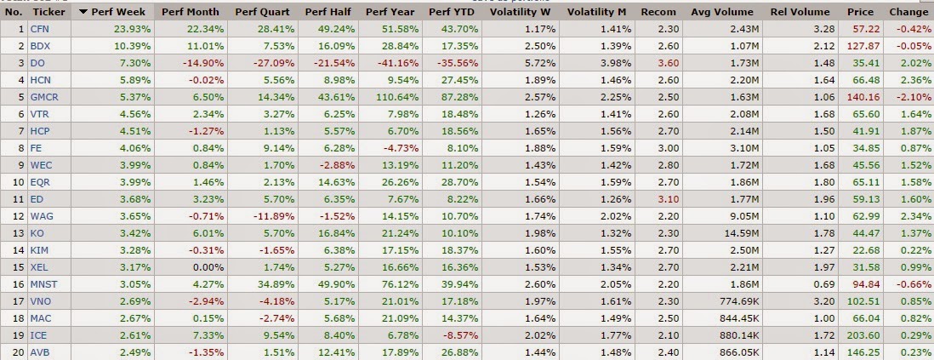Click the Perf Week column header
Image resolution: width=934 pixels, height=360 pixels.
[x=118, y=12]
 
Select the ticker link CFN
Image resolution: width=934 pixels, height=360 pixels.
[x=39, y=29]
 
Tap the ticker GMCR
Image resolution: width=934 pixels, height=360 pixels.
[x=44, y=97]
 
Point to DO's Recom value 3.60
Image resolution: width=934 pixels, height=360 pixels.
[x=667, y=63]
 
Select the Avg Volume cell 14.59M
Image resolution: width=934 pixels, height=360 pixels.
[x=737, y=232]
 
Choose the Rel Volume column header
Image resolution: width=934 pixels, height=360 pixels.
[x=800, y=12]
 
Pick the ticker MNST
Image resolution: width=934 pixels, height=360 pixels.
[x=44, y=283]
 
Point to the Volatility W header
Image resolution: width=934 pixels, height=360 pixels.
[x=522, y=12]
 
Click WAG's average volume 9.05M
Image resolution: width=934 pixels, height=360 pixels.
[x=738, y=216]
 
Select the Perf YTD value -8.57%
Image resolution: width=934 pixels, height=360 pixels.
[x=460, y=336]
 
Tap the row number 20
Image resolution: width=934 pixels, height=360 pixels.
[x=19, y=353]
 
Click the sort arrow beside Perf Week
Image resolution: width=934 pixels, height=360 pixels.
[x=83, y=12]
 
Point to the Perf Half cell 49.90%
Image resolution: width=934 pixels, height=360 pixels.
[x=338, y=283]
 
